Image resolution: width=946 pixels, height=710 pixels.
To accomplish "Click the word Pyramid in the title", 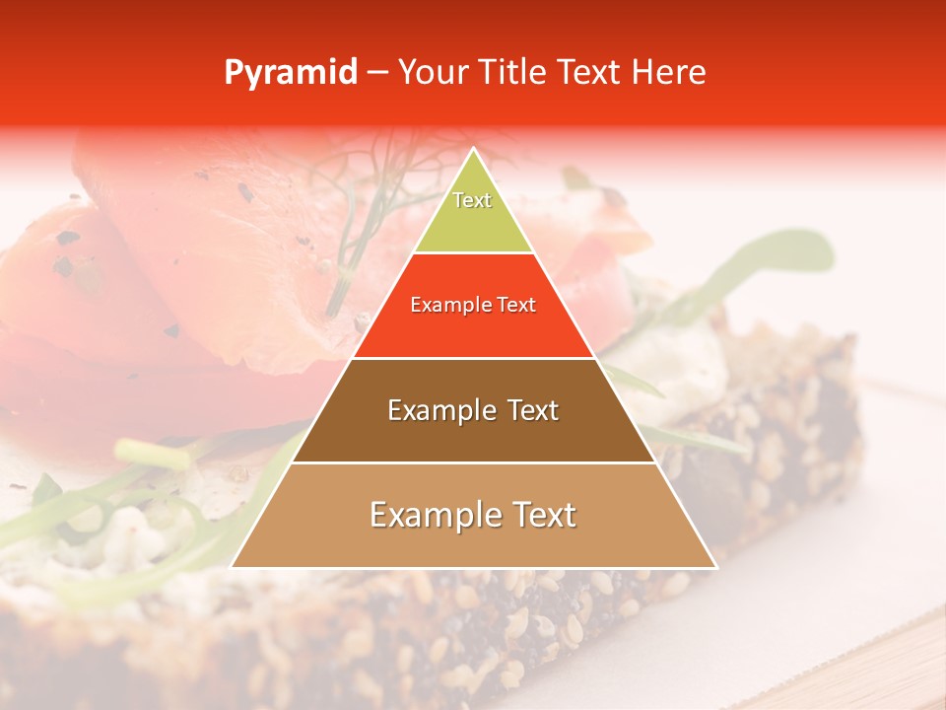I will [x=291, y=73].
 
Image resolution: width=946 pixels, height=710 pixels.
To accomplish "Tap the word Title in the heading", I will [x=518, y=72].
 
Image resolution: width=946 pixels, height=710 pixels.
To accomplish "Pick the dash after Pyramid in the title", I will [x=375, y=73].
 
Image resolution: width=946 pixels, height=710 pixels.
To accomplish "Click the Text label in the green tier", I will [x=472, y=200].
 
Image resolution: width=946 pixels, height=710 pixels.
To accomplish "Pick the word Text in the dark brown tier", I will [x=533, y=410].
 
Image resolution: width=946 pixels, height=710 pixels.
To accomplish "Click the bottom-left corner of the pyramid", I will [x=232, y=567].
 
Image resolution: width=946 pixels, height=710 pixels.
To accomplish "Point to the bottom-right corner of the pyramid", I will [x=716, y=567].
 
